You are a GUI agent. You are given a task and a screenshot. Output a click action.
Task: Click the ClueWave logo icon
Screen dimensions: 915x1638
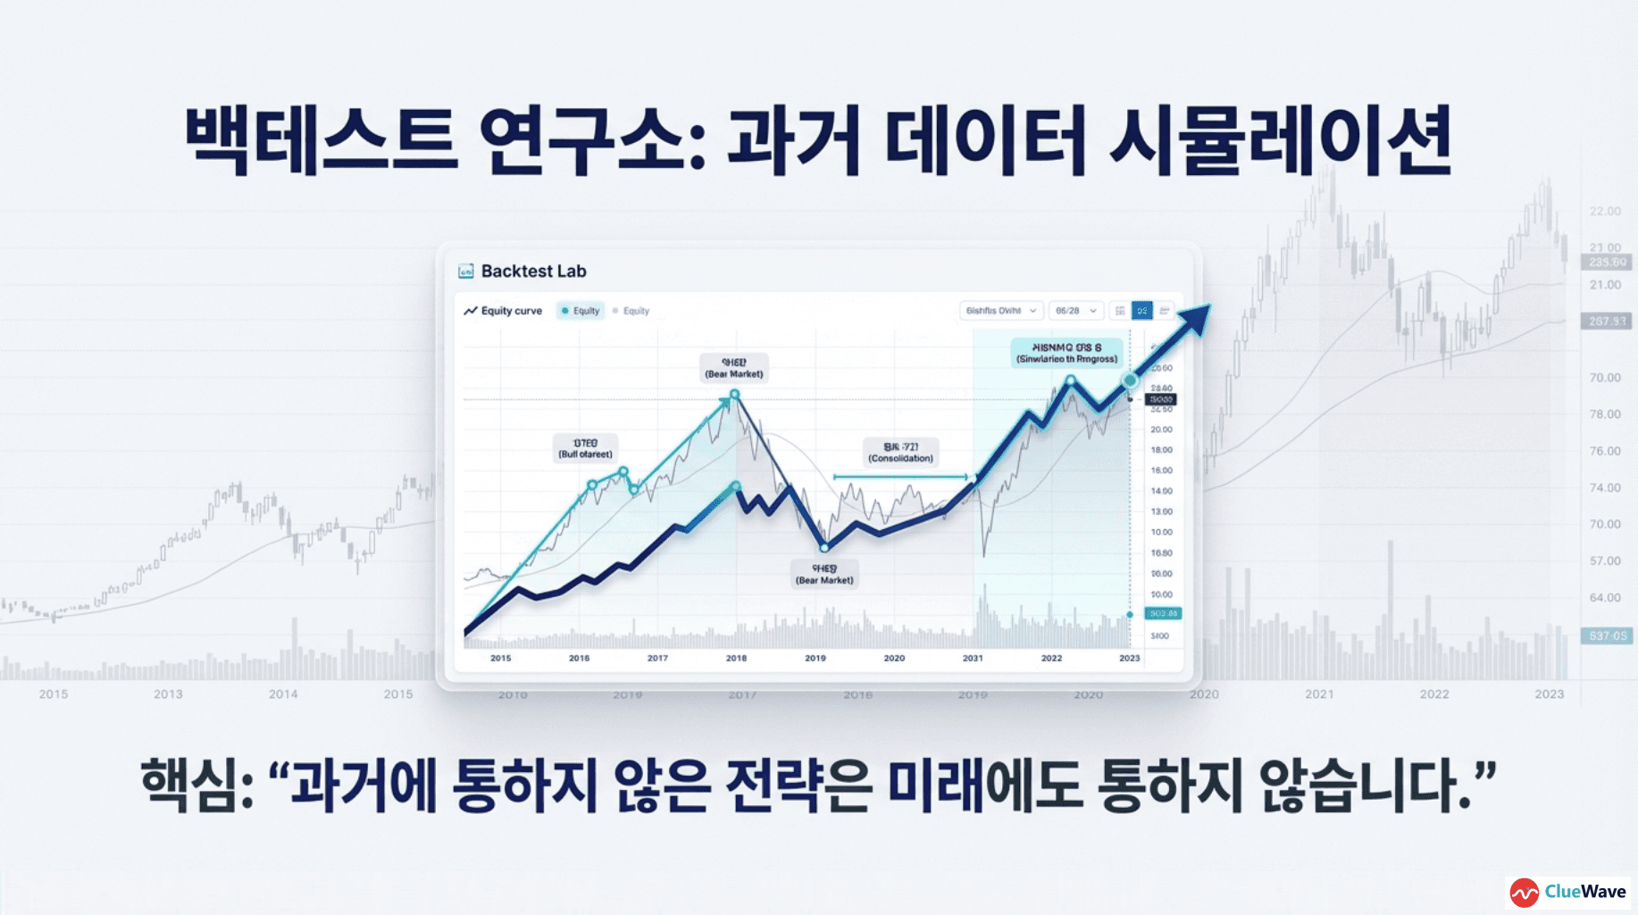(x=1525, y=892)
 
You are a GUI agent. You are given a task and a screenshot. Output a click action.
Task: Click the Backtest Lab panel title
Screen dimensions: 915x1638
(x=533, y=271)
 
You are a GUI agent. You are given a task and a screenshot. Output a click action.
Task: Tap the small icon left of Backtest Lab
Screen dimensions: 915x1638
(x=465, y=271)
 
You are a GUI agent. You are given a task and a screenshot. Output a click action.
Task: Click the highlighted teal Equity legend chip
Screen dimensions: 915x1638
(x=581, y=311)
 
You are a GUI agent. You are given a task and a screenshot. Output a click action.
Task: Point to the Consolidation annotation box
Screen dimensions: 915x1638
(x=900, y=452)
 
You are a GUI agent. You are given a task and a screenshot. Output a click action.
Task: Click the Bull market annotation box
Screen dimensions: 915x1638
(x=585, y=449)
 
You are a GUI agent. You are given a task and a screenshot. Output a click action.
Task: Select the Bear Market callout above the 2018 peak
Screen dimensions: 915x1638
(x=734, y=368)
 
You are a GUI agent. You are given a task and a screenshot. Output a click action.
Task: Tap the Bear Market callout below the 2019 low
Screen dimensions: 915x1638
(x=824, y=575)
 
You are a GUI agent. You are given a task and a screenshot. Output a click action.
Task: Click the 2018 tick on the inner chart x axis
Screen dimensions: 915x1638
(x=736, y=658)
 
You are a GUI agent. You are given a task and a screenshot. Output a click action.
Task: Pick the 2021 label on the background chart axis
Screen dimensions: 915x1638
(x=1319, y=694)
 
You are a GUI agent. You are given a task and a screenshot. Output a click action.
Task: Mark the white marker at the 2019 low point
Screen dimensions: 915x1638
(x=824, y=547)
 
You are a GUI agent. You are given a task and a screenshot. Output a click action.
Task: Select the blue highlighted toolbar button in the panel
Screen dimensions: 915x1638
(x=1141, y=310)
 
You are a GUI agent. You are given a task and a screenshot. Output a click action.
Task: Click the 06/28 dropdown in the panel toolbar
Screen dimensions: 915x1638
(x=1075, y=311)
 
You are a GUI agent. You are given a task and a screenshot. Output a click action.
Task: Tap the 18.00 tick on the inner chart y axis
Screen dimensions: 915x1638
(x=1161, y=449)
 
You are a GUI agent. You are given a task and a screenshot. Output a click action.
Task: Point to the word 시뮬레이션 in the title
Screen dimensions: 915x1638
(x=1281, y=141)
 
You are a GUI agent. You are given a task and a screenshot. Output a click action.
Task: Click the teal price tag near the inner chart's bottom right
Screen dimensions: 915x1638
(x=1163, y=614)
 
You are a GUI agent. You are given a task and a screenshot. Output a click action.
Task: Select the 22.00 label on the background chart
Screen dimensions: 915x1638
(x=1605, y=211)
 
